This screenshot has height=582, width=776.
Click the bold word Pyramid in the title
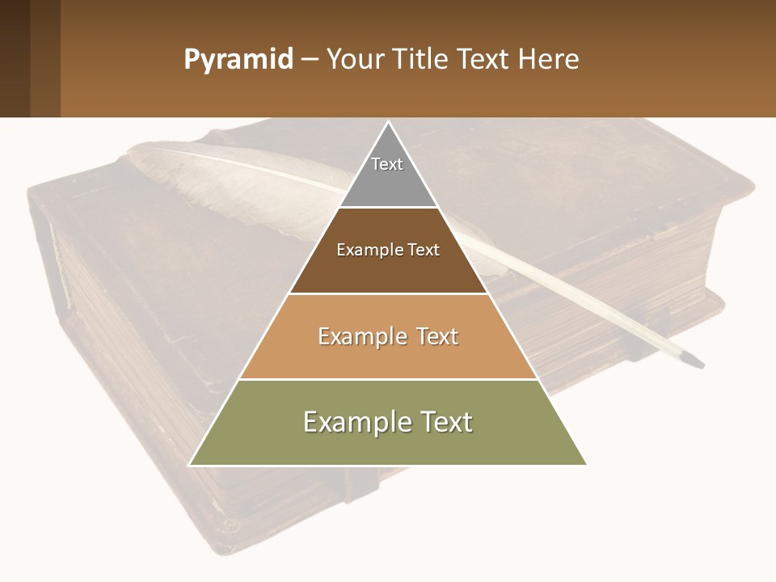pyautogui.click(x=238, y=59)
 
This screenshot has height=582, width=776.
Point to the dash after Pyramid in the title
pyautogui.click(x=310, y=60)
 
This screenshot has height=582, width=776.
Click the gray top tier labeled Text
pyautogui.click(x=387, y=174)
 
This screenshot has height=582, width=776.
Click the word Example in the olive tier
pyautogui.click(x=354, y=422)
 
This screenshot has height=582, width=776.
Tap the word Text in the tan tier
pyautogui.click(x=433, y=336)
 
